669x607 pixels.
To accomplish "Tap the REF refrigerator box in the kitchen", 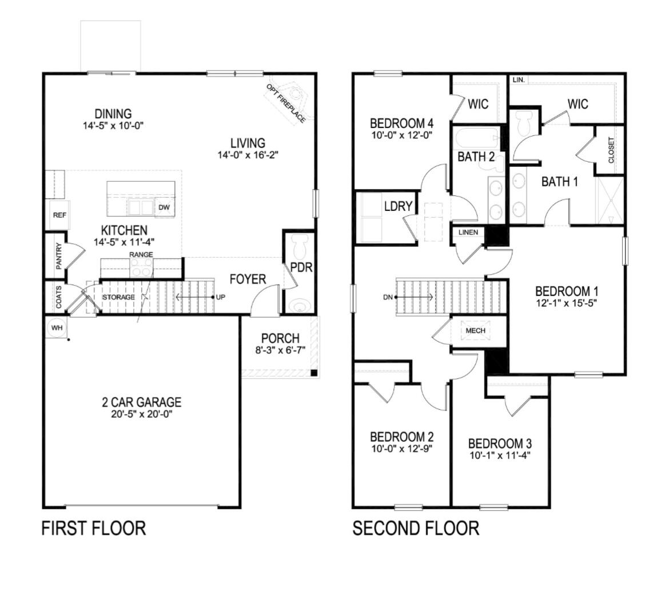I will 59,215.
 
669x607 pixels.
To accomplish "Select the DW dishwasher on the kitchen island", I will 164,207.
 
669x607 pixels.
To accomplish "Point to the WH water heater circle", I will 56,328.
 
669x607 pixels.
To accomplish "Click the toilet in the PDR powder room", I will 298,247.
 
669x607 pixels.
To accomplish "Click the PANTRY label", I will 58,256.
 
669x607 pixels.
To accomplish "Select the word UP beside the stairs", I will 221,297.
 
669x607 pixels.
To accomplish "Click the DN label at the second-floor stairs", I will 388,297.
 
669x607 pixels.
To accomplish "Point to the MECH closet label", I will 475,330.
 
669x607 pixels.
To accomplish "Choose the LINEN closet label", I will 468,233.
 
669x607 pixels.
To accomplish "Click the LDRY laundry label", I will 398,206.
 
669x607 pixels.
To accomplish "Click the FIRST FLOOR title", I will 94,528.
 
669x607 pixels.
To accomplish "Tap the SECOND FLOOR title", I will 416,528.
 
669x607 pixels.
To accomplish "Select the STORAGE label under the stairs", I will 118,297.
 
